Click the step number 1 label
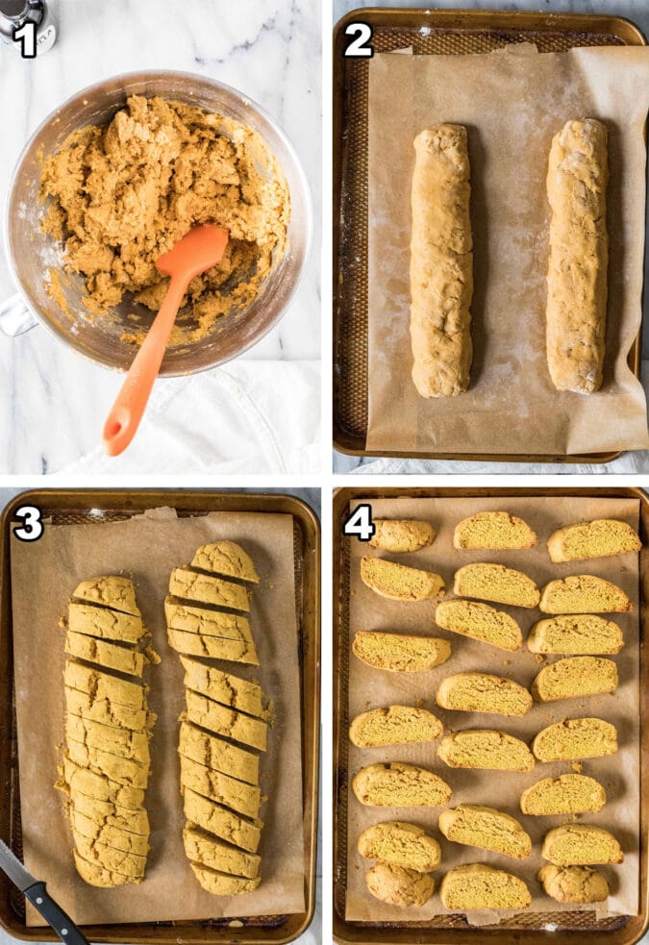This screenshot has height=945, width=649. tap(25, 38)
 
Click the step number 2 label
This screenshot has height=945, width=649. tap(358, 38)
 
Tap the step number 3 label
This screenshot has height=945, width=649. tap(28, 523)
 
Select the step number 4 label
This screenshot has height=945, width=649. tap(359, 522)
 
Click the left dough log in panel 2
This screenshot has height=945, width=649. tap(440, 260)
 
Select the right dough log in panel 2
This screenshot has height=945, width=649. tap(577, 255)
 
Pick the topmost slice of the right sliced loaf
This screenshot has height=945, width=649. tap(225, 560)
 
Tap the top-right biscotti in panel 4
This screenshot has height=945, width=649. tap(594, 539)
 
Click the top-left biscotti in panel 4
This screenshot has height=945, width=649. tap(402, 535)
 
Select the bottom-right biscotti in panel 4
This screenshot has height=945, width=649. tap(573, 883)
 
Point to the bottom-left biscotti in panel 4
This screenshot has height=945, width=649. tap(399, 884)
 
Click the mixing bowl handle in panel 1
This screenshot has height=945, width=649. tap(16, 314)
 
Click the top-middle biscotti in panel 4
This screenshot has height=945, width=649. tap(494, 531)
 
